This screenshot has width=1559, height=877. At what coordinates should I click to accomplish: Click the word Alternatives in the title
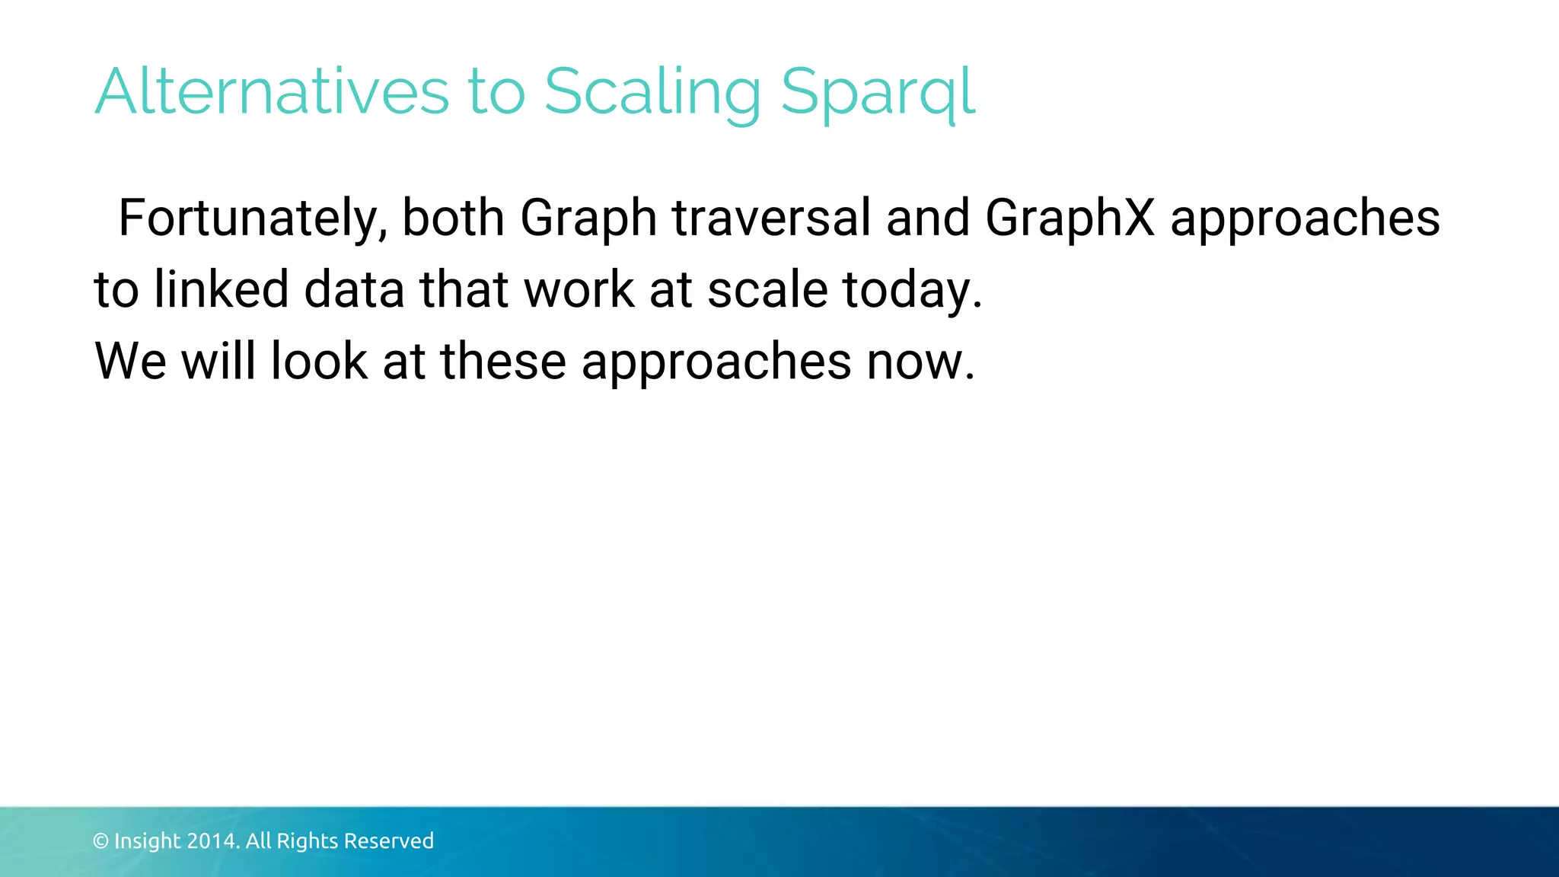272,92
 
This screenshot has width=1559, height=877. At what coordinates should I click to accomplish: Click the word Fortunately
253,218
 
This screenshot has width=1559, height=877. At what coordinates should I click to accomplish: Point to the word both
453,218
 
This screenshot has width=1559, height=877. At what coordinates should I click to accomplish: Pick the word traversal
771,218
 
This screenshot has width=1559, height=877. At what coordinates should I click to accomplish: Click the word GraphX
1070,218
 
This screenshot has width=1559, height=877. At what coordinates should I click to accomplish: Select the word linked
222,290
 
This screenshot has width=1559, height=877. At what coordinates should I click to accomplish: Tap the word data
354,290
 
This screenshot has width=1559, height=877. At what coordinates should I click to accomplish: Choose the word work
579,290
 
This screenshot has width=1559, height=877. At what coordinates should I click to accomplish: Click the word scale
767,290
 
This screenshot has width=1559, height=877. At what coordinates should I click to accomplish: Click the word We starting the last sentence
130,361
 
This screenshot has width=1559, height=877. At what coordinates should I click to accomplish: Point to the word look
319,361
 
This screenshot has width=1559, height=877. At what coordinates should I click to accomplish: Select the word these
503,361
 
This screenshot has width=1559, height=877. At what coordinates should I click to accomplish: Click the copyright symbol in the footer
100,841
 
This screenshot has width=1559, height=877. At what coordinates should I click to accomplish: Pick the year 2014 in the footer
213,841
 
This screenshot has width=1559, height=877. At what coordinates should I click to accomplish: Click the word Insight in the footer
148,841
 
